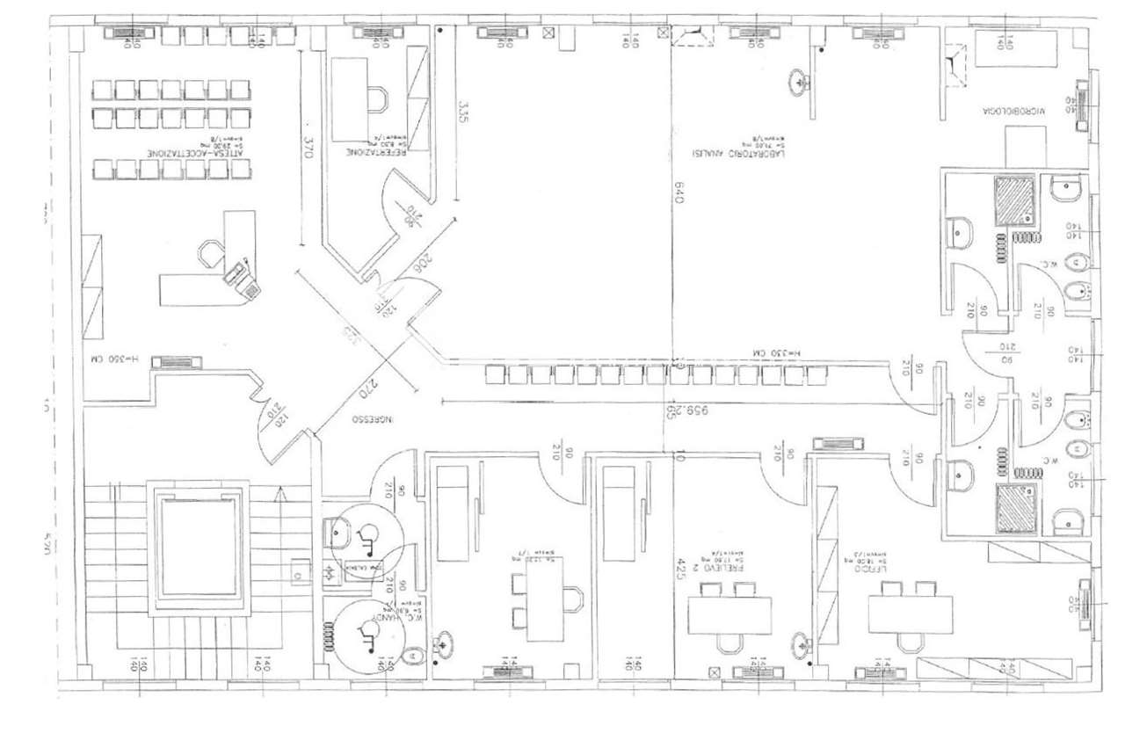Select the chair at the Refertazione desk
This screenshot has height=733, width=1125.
[380, 98]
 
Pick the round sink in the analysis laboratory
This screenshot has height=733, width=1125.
[800, 83]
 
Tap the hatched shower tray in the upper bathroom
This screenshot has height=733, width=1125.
[1016, 200]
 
